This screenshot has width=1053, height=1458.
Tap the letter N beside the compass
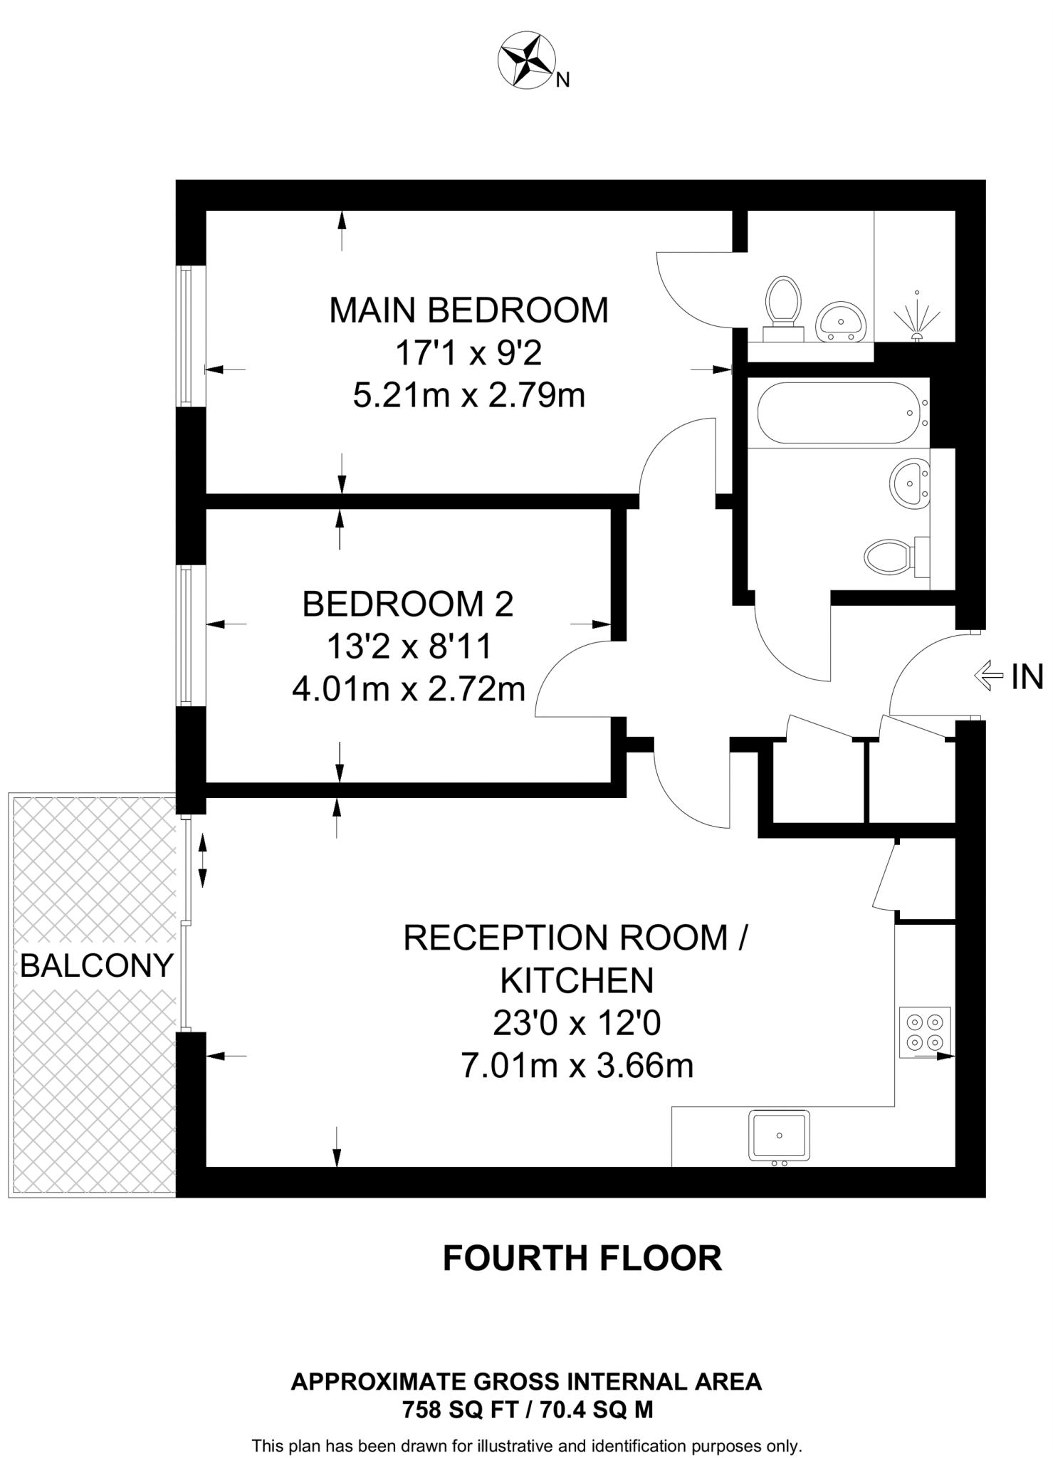click(562, 80)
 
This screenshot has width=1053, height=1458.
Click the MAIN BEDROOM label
click(468, 310)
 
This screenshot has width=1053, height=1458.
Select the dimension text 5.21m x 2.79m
click(468, 395)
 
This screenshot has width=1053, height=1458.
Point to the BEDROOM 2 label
click(407, 604)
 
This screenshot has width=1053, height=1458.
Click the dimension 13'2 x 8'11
click(409, 647)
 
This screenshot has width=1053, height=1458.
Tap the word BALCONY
click(97, 965)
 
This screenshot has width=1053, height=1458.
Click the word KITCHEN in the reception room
click(577, 981)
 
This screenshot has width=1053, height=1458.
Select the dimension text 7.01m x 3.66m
click(577, 1066)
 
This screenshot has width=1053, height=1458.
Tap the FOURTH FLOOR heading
click(582, 1258)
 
